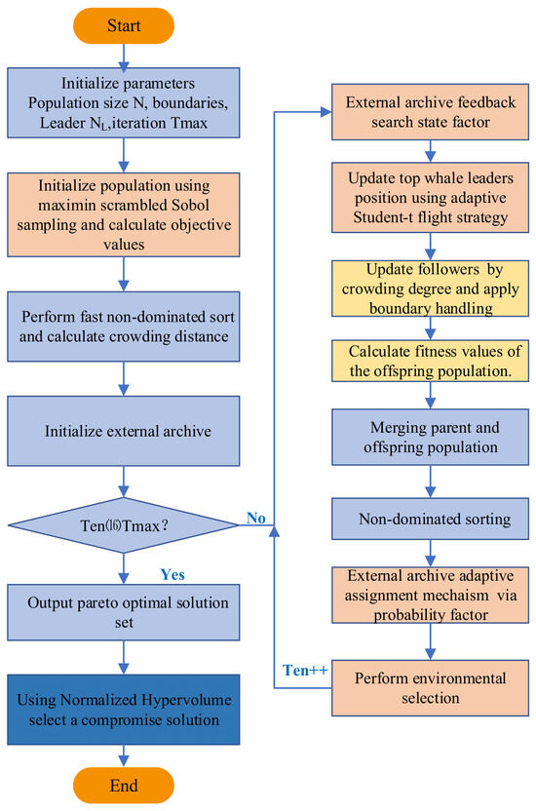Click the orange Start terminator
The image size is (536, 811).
124,25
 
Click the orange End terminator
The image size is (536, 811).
124,785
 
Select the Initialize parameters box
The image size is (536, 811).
124,102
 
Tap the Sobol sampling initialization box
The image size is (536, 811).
124,214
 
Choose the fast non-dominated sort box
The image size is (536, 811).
124,327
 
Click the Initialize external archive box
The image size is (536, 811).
124,431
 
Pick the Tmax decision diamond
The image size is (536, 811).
124,525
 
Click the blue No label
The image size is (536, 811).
256,518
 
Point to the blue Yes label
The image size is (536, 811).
172,575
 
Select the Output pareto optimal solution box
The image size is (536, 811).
124,612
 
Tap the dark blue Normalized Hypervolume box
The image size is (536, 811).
124,710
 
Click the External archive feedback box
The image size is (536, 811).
430,112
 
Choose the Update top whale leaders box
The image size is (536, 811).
430,198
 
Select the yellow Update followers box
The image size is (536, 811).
430,289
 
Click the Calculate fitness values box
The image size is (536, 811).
430,361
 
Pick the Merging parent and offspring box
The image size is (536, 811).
430,437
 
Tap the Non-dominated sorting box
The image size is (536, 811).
430,519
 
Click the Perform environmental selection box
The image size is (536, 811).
430,688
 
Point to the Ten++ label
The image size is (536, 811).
305,671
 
